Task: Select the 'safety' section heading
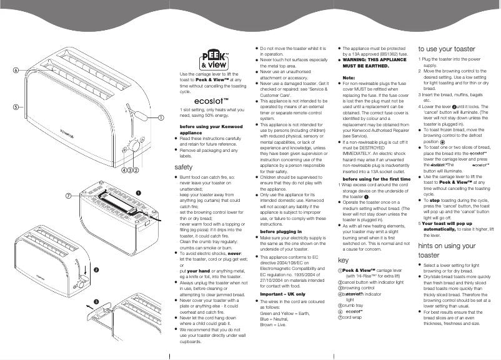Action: (x=184, y=167)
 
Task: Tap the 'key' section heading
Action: (x=342, y=259)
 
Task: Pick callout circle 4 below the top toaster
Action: (x=124, y=169)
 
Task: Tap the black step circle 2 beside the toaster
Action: (x=96, y=269)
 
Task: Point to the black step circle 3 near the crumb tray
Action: (x=96, y=302)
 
